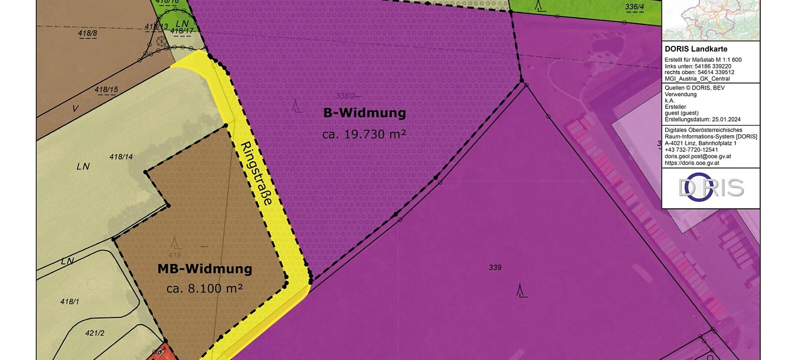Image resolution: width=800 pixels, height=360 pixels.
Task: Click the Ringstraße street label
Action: [x=256, y=173]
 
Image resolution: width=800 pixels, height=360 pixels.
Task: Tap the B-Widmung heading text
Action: [x=364, y=113]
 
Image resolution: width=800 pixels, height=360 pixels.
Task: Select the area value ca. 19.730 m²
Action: [x=363, y=134]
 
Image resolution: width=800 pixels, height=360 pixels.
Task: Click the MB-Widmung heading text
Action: [x=204, y=269]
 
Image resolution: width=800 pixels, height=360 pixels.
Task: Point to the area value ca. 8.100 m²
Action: [x=204, y=288]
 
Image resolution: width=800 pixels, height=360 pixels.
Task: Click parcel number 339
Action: [x=495, y=267]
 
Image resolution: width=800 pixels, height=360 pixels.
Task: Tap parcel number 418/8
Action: [x=87, y=33]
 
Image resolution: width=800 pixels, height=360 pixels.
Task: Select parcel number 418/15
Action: [x=106, y=90]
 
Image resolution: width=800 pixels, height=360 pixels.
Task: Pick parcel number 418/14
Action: [x=121, y=156]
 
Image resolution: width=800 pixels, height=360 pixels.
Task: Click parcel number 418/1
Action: [x=69, y=301]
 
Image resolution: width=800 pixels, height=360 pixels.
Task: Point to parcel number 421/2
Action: [x=94, y=332]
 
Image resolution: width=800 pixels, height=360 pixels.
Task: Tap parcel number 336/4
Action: [x=634, y=7]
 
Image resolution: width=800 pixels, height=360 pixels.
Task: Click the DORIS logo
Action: [x=710, y=187]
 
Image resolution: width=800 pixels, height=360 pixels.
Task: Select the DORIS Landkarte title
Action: [x=696, y=49]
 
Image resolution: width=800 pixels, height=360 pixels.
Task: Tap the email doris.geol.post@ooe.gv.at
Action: [x=697, y=156]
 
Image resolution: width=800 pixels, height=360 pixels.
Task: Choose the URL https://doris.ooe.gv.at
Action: [x=691, y=162]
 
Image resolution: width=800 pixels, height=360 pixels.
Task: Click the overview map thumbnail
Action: [x=710, y=19]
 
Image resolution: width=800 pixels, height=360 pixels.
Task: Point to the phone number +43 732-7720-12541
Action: [x=691, y=149]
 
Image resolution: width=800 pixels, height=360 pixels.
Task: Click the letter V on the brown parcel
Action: [x=75, y=108]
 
